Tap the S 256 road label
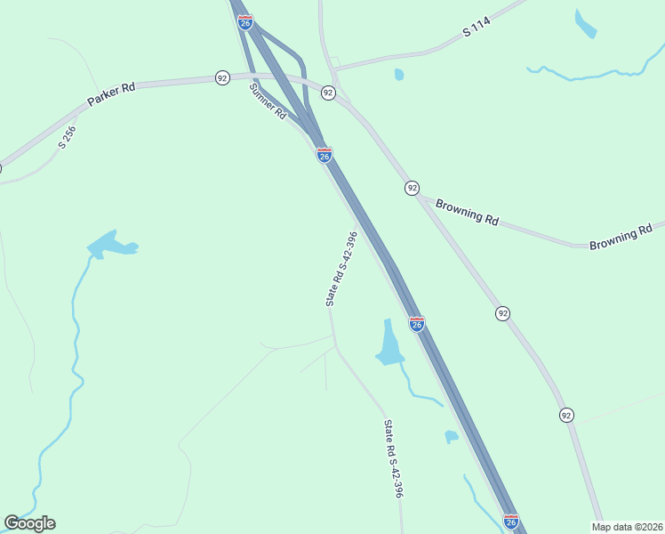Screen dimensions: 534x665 coord(68,136)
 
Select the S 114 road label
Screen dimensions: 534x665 coord(477,31)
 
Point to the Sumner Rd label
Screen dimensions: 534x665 coord(268,101)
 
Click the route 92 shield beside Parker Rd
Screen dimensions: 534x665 coord(222,78)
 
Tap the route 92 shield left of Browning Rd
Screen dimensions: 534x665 coord(412,188)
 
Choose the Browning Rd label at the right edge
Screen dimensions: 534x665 coord(626,237)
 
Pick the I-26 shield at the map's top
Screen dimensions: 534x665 coord(245,20)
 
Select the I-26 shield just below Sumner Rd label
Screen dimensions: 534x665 coord(324,155)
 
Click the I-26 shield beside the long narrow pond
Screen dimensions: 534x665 coord(416,324)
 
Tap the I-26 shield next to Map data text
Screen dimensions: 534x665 coord(510,521)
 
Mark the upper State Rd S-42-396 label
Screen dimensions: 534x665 coord(341,269)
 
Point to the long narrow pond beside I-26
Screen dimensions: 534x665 coord(389,342)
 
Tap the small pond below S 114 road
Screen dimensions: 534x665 coord(399,75)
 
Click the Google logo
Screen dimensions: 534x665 coord(29,523)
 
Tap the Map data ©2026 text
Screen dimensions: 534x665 coord(627,526)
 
